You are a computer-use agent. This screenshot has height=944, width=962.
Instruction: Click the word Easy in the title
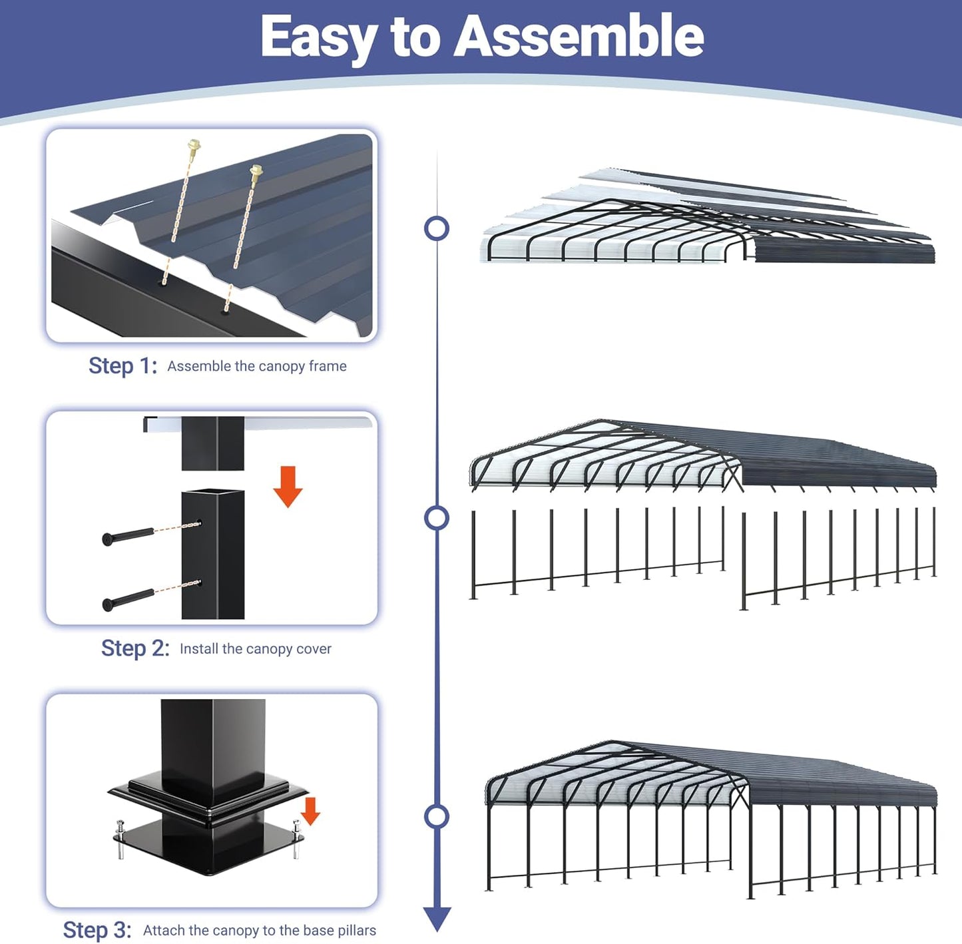318,37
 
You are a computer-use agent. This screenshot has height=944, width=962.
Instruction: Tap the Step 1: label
122,365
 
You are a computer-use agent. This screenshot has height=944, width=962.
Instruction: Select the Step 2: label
135,648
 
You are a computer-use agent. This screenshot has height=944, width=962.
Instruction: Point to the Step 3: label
97,929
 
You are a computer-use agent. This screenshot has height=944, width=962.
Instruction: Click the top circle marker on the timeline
437,228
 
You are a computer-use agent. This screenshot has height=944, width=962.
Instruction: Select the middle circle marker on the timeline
437,518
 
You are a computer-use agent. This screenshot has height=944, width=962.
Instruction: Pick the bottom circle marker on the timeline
437,816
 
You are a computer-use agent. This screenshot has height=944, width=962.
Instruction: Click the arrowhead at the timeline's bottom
437,919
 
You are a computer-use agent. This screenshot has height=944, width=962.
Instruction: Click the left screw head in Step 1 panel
194,144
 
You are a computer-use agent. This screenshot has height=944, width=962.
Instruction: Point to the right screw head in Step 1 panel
256,170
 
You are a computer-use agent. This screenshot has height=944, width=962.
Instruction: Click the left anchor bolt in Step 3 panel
120,839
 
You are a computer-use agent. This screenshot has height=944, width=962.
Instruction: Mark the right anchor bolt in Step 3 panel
297,838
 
